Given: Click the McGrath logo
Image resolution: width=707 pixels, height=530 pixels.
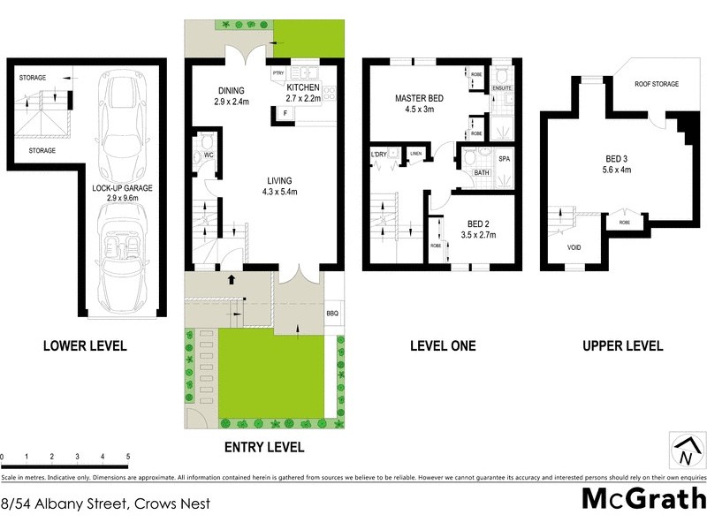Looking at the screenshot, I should pyautogui.click(x=643, y=499).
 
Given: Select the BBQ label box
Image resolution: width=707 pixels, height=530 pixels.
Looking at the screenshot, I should pyautogui.click(x=332, y=314).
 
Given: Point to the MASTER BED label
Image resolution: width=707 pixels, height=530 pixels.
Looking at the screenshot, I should pyautogui.click(x=419, y=99).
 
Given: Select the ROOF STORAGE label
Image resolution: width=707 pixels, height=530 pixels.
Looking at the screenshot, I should pyautogui.click(x=657, y=85).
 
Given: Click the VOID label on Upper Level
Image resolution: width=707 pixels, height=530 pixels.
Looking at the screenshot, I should pyautogui.click(x=574, y=248).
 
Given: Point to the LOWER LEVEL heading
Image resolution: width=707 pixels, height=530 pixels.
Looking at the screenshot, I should pyautogui.click(x=85, y=346).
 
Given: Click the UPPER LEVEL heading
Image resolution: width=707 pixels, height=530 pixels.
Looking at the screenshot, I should pyautogui.click(x=622, y=346).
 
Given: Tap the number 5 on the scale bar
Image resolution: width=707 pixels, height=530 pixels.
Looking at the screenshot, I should pyautogui.click(x=128, y=457).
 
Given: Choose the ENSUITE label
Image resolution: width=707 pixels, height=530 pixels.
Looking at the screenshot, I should pyautogui.click(x=502, y=88).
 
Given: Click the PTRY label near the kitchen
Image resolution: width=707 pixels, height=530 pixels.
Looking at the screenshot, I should pyautogui.click(x=278, y=72).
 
